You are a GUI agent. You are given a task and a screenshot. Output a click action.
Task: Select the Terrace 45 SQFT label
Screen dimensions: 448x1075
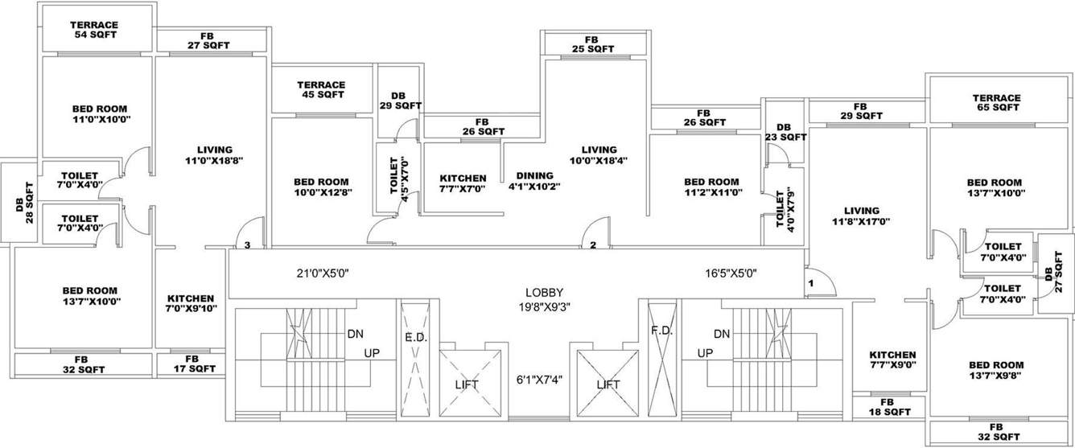point(321,89)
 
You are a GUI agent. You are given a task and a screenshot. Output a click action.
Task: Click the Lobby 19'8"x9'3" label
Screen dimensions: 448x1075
point(544,299)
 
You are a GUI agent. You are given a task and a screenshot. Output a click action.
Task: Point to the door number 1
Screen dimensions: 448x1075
point(811,283)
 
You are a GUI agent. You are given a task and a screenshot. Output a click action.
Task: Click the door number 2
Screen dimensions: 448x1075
point(592,245)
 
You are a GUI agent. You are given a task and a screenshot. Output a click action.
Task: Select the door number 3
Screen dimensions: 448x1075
point(247,245)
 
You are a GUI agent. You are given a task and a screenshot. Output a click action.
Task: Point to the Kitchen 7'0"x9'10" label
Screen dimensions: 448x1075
point(191,303)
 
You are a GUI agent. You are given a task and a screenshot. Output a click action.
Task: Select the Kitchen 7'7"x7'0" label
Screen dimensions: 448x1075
point(463,183)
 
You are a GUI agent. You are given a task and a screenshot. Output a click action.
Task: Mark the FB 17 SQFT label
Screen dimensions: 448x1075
point(192,364)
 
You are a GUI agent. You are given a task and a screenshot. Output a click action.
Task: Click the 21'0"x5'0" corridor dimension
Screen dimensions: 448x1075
point(325,273)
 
